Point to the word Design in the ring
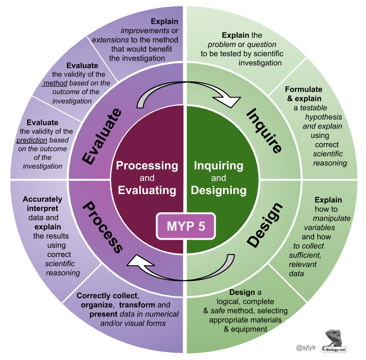(265, 224)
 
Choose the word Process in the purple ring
(103, 227)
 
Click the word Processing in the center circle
(147, 165)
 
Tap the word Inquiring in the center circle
(219, 165)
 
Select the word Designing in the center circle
(219, 190)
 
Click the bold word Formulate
(303, 89)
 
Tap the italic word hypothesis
(323, 117)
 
